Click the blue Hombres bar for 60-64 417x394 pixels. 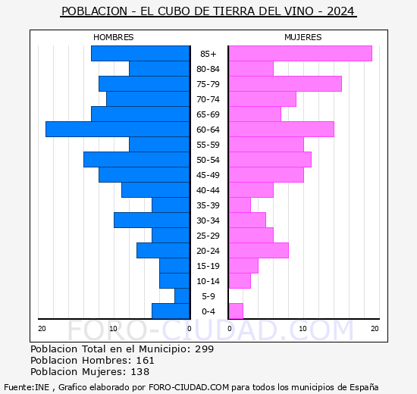pyautogui.click(x=118, y=130)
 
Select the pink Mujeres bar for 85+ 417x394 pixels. pyautogui.click(x=299, y=54)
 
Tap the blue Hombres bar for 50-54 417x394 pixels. pyautogui.click(x=136, y=160)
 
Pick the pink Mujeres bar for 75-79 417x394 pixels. pyautogui.click(x=284, y=84)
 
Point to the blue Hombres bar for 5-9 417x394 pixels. pyautogui.click(x=182, y=296)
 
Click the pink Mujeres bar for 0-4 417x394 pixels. pyautogui.click(x=236, y=311)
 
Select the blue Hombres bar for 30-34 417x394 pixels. pyautogui.click(x=152, y=220)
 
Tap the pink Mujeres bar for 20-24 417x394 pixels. pyautogui.click(x=258, y=251)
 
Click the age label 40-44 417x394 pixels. pyautogui.click(x=208, y=190)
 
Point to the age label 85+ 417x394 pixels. pyautogui.click(x=208, y=54)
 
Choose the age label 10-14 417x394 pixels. pyautogui.click(x=208, y=281)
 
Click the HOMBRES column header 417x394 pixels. pyautogui.click(x=114, y=37)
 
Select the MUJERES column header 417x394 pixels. pyautogui.click(x=303, y=37)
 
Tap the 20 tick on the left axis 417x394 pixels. pyautogui.click(x=42, y=328)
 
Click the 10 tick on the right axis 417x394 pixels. pyautogui.click(x=302, y=328)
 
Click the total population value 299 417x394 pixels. pyautogui.click(x=204, y=349)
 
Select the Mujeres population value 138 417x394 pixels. pyautogui.click(x=140, y=372)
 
